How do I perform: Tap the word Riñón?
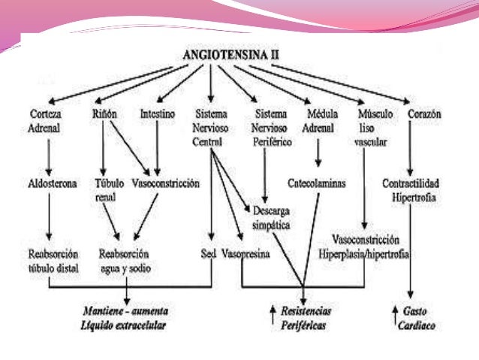(x=104, y=114)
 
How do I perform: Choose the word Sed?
(x=209, y=253)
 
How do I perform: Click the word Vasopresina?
(x=246, y=253)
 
